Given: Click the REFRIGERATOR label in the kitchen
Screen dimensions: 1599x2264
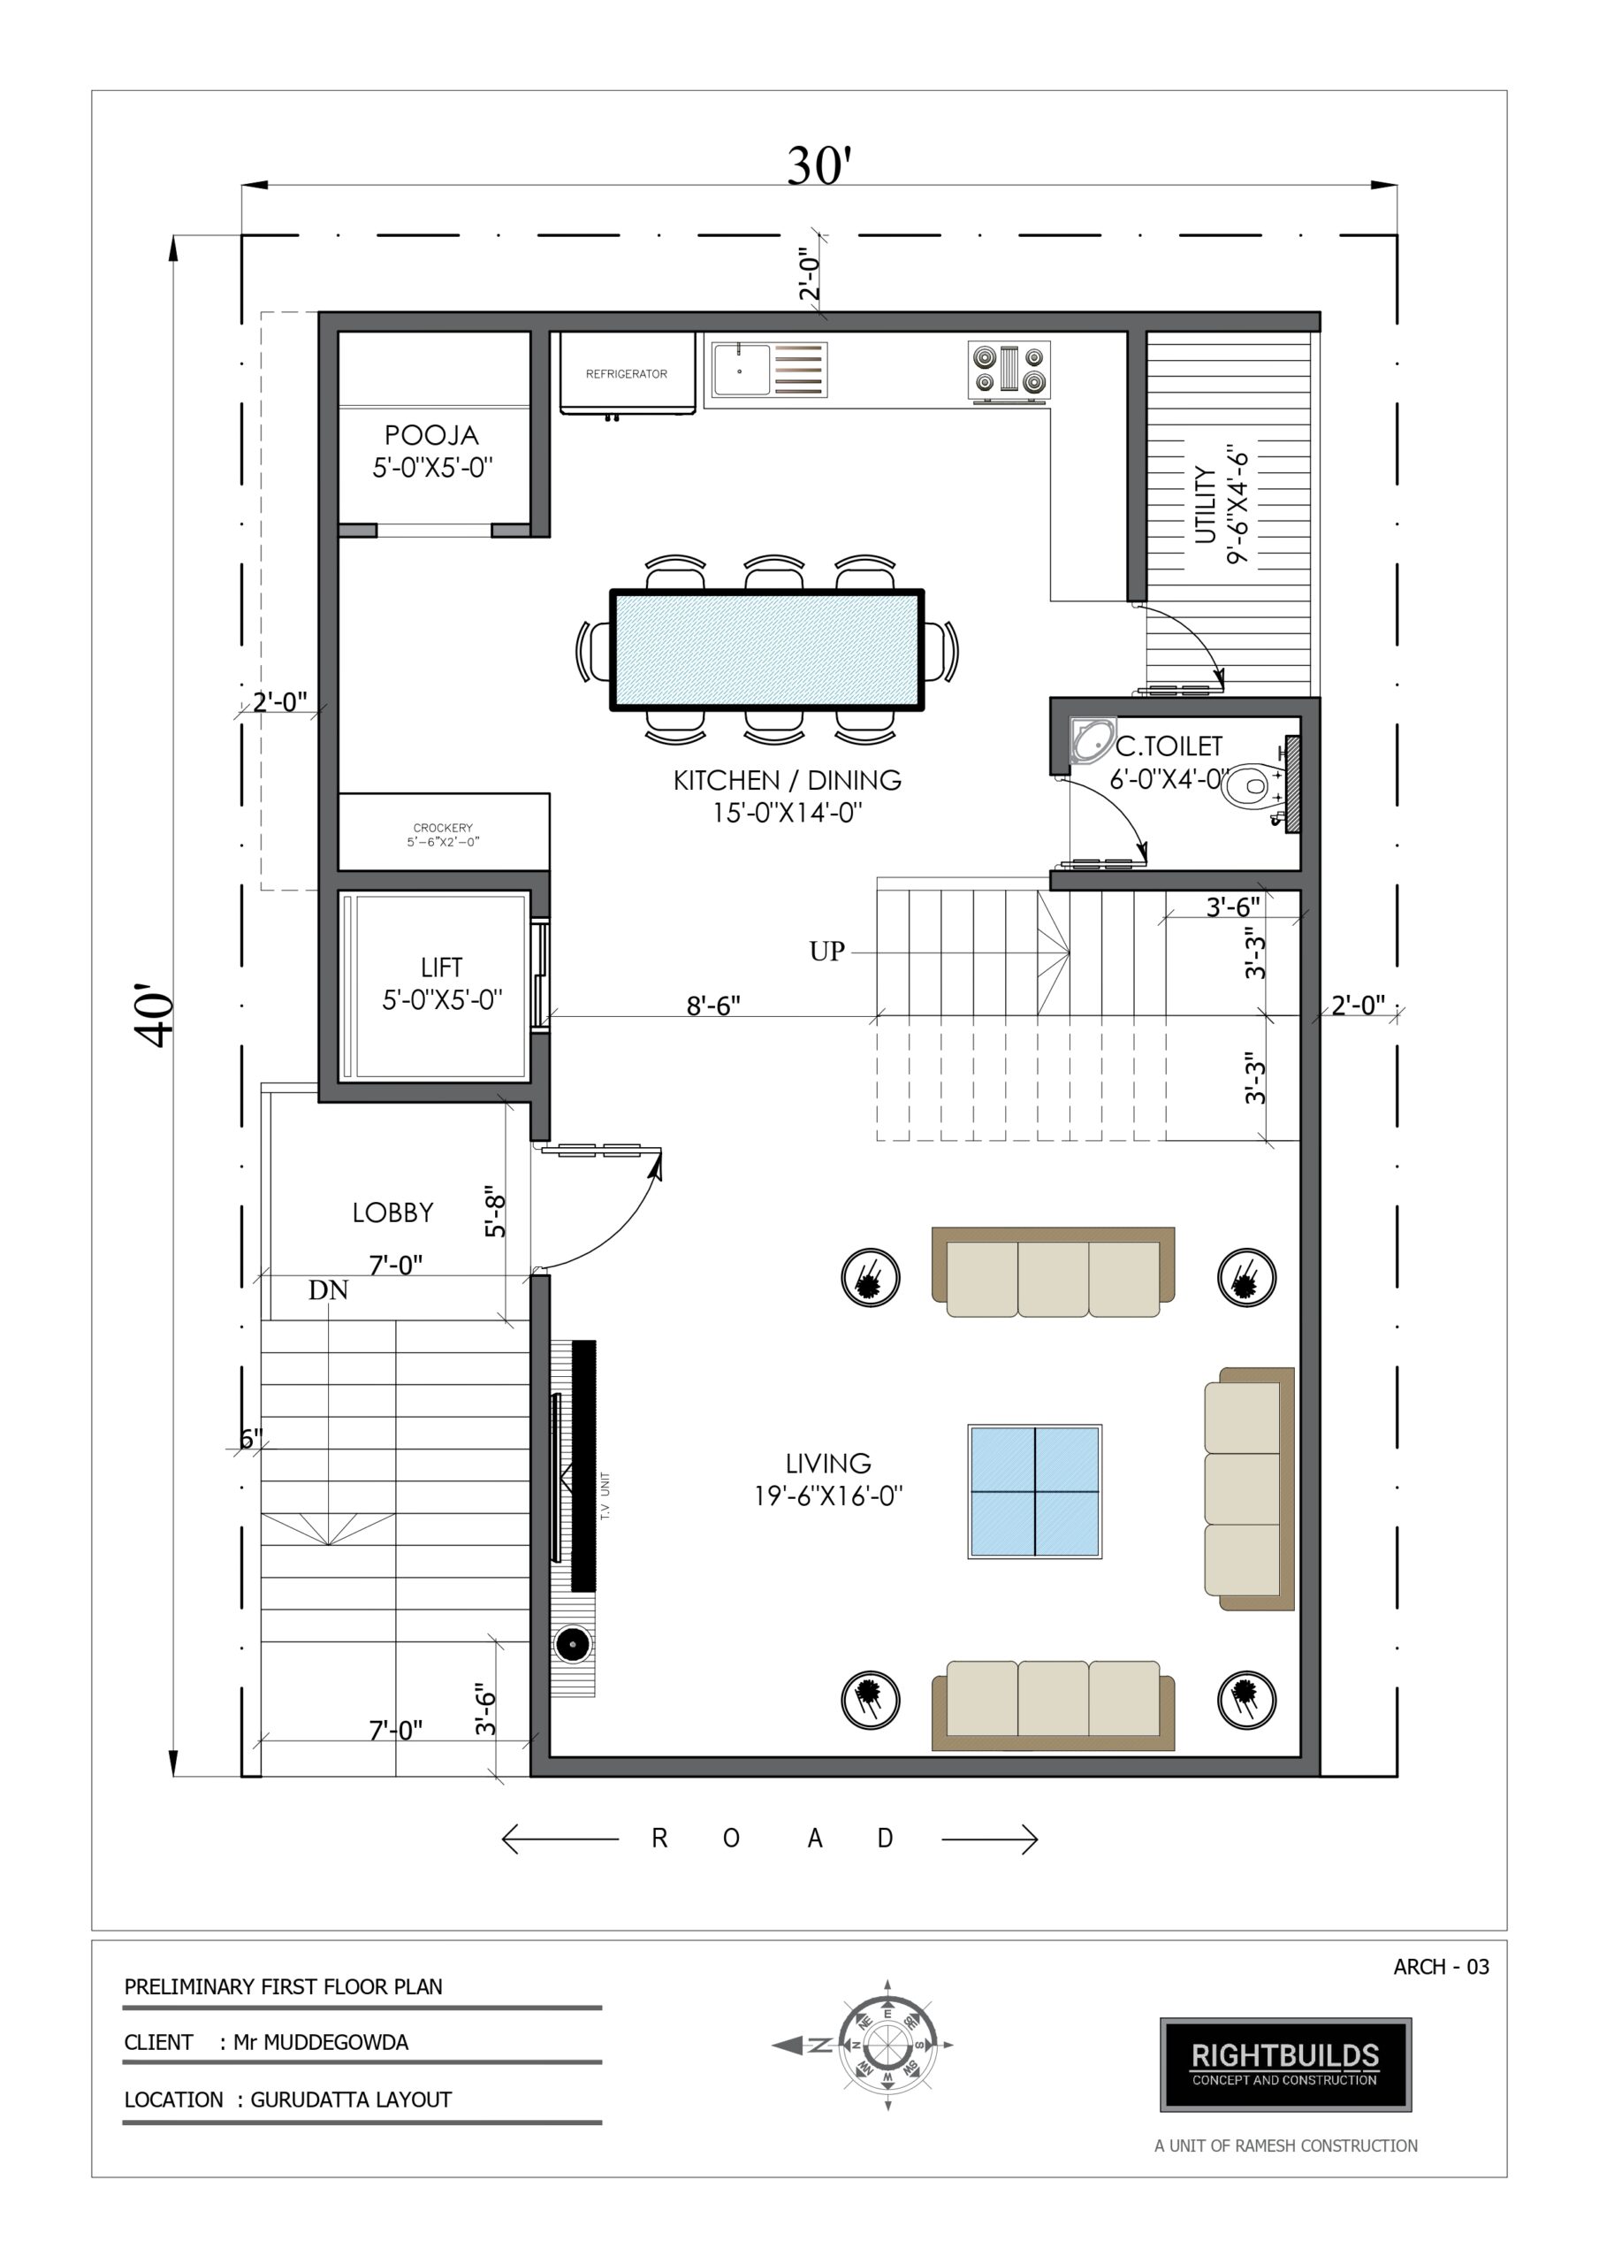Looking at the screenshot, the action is pyautogui.click(x=626, y=374).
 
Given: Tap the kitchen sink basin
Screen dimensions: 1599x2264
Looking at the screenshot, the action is pyautogui.click(x=742, y=369).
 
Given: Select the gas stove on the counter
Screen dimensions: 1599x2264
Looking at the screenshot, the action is pyautogui.click(x=1009, y=371).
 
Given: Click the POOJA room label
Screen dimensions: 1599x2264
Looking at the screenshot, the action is pyautogui.click(x=431, y=435).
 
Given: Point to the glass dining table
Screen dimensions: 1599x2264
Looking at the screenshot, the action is pyautogui.click(x=767, y=650).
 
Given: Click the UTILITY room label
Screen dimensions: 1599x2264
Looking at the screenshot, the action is pyautogui.click(x=1205, y=505).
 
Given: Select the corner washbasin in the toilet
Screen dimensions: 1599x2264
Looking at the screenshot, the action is pyautogui.click(x=1092, y=739).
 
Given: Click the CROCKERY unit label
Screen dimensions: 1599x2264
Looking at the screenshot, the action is pyautogui.click(x=443, y=827).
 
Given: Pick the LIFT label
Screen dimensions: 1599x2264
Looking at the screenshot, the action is pyautogui.click(x=441, y=968).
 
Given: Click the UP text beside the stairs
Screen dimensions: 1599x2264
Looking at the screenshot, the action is pyautogui.click(x=827, y=952).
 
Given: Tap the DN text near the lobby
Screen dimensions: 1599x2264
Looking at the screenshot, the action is pyautogui.click(x=328, y=1289).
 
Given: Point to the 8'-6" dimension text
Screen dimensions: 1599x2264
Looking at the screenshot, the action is pyautogui.click(x=712, y=1005).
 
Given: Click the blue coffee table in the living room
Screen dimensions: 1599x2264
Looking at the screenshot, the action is pyautogui.click(x=1034, y=1491).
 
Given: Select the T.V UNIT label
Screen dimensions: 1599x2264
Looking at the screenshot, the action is pyautogui.click(x=605, y=1495).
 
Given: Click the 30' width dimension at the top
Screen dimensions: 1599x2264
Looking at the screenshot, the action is pyautogui.click(x=819, y=165).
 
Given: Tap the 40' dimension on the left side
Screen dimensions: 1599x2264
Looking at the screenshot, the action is pyautogui.click(x=155, y=1014).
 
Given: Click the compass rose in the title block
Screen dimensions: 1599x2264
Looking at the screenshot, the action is pyautogui.click(x=887, y=2045).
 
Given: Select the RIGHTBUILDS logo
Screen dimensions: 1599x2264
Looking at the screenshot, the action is pyautogui.click(x=1285, y=2065).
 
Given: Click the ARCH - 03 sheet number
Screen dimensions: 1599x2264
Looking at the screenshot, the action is pyautogui.click(x=1442, y=1966).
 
